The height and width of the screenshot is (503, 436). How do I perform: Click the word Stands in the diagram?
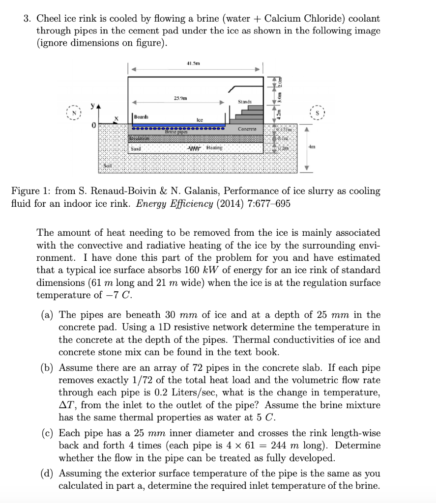point(244,102)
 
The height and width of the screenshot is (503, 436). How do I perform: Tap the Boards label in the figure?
point(141,117)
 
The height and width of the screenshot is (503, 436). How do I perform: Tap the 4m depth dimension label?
point(311,147)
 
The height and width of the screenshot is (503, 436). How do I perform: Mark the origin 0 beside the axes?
point(91,126)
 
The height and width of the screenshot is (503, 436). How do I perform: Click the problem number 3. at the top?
point(28,19)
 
